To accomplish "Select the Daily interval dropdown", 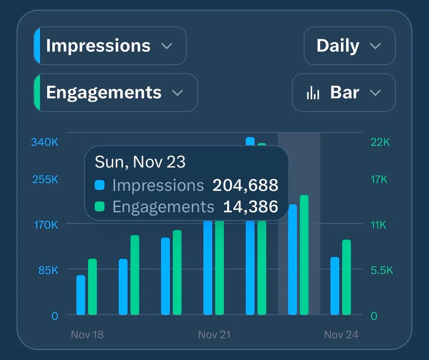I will point(349,46).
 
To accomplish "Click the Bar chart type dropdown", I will point(344,92).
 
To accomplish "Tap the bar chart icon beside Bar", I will point(313,93).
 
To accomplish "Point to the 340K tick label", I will point(45,142).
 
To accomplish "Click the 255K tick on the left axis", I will point(45,179).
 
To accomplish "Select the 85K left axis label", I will point(48,270).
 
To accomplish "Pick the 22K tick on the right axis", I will point(380,142).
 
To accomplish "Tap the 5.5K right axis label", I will point(382,270).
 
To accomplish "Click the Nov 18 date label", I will point(87,335).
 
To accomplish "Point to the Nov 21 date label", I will point(214,335).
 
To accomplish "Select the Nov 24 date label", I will point(341,335).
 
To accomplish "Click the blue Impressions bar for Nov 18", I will point(81,295).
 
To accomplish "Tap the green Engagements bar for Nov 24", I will point(346,277).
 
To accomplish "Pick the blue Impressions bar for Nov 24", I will point(335,286).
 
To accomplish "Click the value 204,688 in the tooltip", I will point(245,185).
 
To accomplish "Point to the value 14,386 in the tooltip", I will point(250,207).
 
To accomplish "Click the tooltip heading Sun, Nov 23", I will point(140,162).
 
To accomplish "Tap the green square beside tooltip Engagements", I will point(100,206).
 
